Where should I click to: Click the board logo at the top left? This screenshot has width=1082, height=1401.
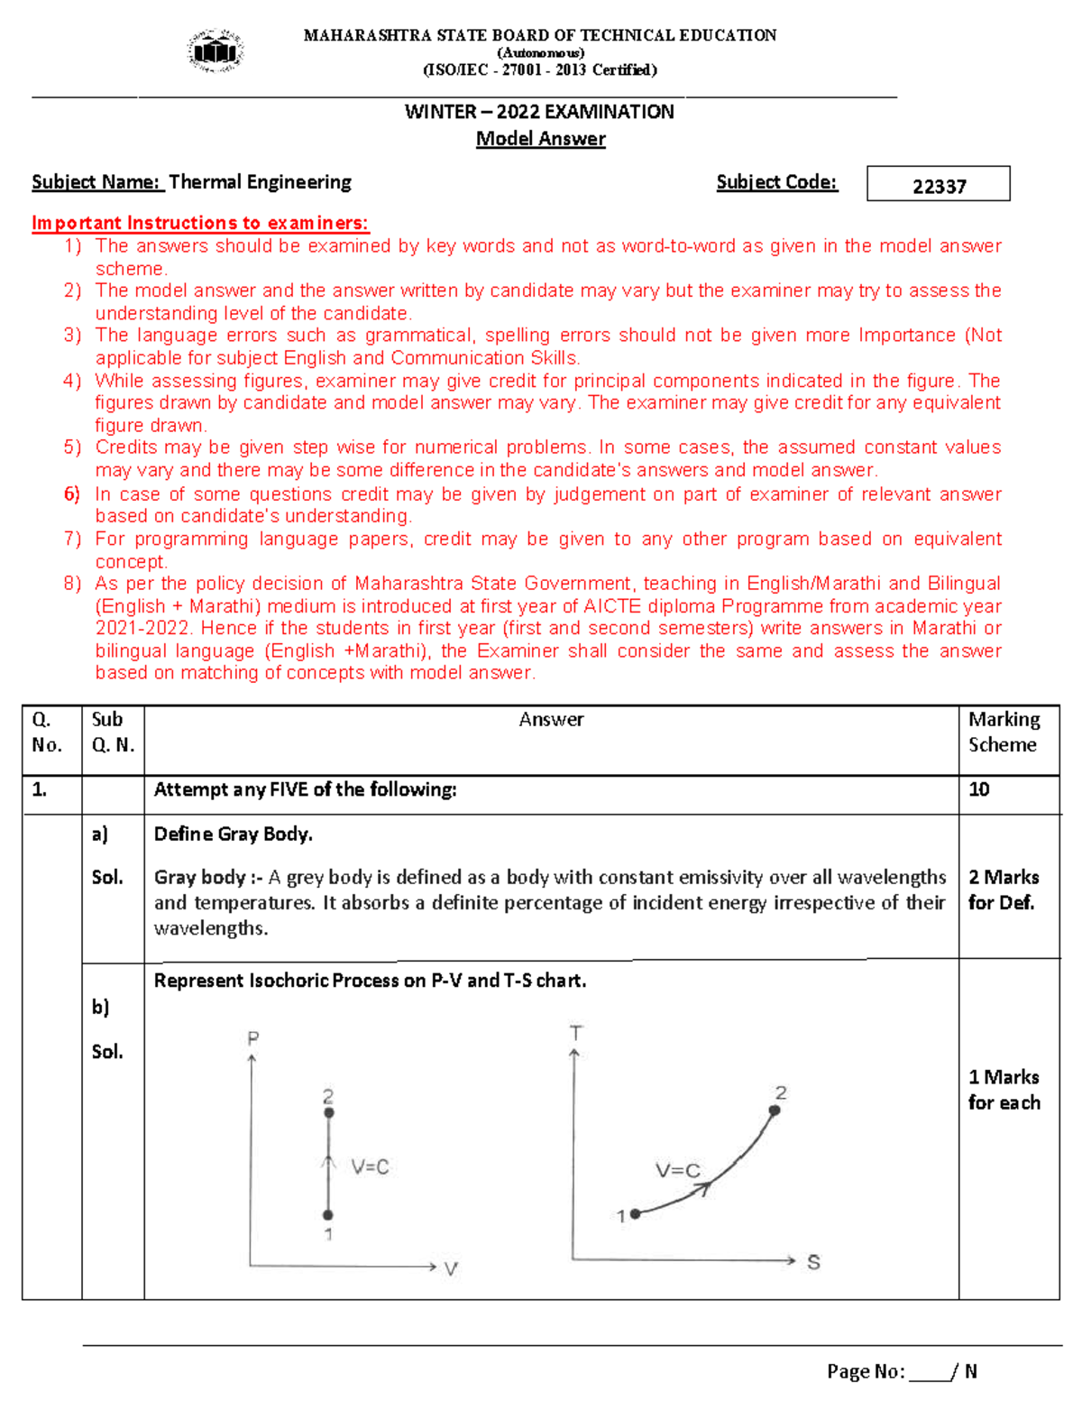click(x=215, y=51)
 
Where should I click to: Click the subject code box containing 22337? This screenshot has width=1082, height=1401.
click(x=938, y=184)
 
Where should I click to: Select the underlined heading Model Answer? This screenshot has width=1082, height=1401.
click(x=540, y=139)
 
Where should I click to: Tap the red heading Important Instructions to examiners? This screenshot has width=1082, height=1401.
click(x=200, y=223)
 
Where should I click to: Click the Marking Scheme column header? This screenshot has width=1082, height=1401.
click(x=1004, y=732)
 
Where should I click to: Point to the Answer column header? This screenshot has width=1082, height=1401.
click(x=551, y=720)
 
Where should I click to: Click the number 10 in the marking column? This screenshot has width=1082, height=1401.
click(x=978, y=789)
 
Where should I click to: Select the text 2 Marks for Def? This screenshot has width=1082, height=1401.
click(x=1003, y=889)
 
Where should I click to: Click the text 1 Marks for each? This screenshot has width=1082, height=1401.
click(x=1004, y=1090)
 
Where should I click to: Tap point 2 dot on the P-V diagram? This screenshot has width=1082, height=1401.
click(x=329, y=1113)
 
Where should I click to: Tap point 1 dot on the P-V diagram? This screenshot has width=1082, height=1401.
click(x=328, y=1215)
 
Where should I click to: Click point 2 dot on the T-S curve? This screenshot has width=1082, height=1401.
click(x=775, y=1111)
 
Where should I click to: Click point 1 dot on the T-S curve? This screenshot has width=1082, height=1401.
click(x=636, y=1214)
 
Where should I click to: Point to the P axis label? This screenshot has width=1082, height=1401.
click(x=253, y=1038)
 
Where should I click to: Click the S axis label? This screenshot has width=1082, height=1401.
click(x=813, y=1262)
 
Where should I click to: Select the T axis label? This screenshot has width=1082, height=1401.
click(x=576, y=1033)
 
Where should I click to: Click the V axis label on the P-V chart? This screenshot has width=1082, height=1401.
click(x=451, y=1269)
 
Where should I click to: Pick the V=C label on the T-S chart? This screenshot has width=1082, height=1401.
click(x=677, y=1171)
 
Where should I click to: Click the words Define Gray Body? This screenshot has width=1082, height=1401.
click(x=234, y=834)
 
